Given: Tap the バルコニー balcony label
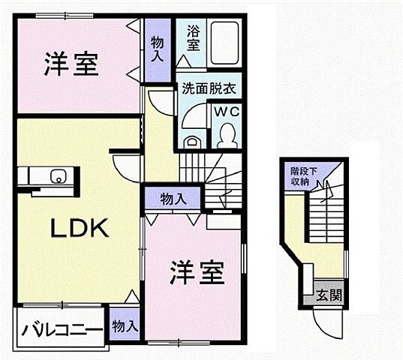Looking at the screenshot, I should point(62,328).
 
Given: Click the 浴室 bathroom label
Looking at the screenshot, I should point(193,39).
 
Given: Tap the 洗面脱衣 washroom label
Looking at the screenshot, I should point(208,88).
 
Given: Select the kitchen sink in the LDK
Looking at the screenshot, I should point(58,177).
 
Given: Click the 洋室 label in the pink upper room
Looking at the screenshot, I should point(72,65).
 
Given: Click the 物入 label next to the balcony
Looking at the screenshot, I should point(125,326).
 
